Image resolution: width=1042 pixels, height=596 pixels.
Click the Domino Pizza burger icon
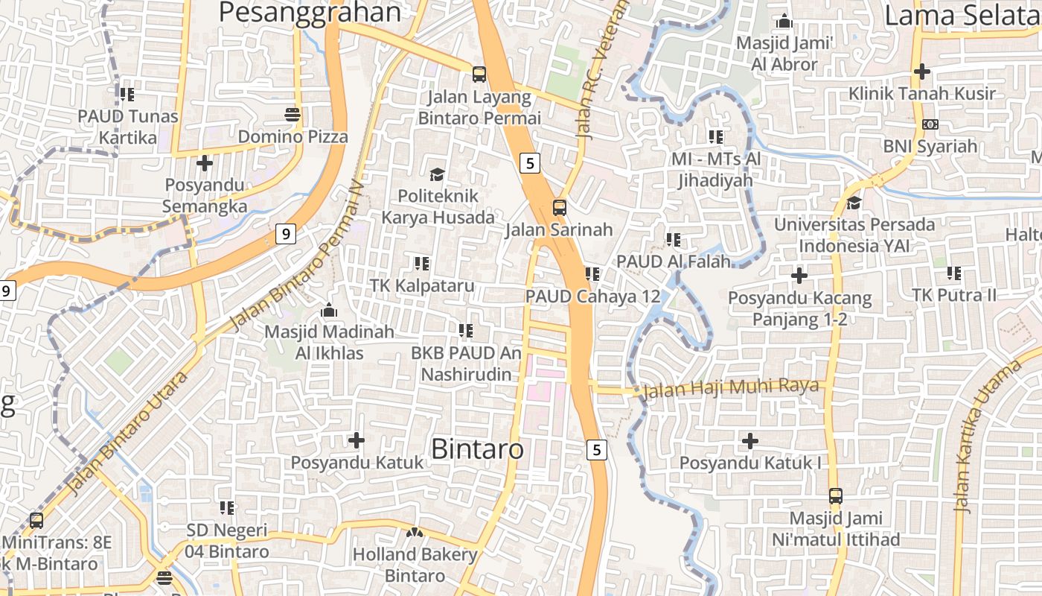coord(292,115)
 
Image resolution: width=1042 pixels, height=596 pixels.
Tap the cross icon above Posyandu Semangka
coord(205,162)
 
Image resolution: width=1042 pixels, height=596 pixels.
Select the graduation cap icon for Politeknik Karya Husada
coord(437,174)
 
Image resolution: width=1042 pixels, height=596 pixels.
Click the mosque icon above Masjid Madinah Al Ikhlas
coord(329,309)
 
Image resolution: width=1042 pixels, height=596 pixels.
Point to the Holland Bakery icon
coord(415,533)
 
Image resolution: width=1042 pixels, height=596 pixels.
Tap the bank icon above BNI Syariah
coord(930,124)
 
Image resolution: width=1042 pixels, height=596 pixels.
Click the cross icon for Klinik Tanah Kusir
coord(922,72)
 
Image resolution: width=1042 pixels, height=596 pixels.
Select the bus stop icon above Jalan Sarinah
coord(559,207)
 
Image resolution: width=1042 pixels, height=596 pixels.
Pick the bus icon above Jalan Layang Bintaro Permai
coord(479,74)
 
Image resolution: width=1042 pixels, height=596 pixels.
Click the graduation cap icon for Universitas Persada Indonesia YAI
coord(854,203)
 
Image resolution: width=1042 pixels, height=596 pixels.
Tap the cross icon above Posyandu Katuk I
coord(750,441)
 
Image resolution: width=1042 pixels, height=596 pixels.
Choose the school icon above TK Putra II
coord(954,273)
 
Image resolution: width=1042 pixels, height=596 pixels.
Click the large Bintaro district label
coord(477,449)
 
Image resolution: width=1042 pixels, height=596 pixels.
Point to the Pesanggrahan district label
coord(310,13)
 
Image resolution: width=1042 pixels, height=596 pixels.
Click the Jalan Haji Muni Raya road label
coord(730,387)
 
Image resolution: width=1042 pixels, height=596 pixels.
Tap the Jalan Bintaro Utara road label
coord(127,433)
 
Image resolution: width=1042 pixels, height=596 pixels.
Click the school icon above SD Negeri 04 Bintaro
coord(227,508)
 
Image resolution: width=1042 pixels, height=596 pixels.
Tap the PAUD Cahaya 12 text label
coord(592,296)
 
